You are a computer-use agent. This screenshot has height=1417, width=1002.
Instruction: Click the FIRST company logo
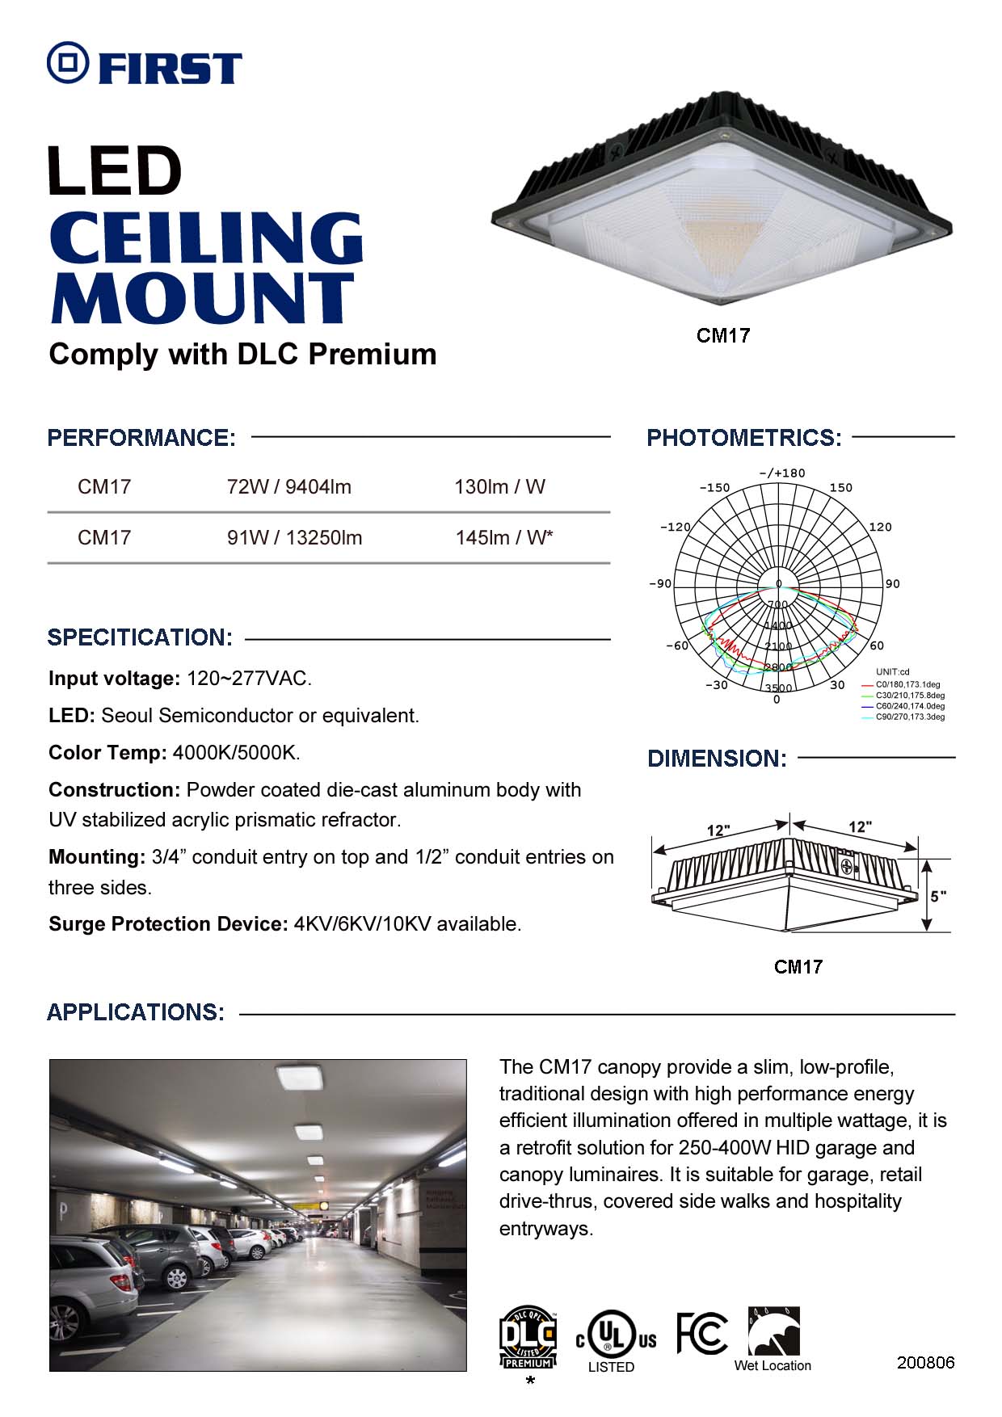pos(145,64)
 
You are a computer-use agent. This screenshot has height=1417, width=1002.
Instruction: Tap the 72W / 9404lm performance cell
pos(289,487)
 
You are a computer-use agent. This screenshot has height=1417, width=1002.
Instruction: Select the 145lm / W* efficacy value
pos(504,538)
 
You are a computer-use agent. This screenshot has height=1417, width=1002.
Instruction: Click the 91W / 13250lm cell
pos(294,538)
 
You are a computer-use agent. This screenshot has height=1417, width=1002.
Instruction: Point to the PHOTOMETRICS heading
pos(743,438)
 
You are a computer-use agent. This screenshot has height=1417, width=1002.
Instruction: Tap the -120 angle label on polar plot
pos(675,527)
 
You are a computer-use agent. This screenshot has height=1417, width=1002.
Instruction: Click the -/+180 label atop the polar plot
pos(781,473)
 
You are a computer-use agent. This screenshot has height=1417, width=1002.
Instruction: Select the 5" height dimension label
pos(937,896)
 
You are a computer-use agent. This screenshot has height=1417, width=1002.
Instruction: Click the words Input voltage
pos(114,679)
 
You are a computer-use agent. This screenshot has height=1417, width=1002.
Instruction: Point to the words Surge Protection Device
pos(168,924)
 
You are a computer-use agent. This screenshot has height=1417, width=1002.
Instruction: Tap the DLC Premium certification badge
pos(528,1337)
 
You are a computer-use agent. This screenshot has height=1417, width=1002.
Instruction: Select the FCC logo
pos(701,1333)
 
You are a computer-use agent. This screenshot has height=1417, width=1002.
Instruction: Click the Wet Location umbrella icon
pos(773,1331)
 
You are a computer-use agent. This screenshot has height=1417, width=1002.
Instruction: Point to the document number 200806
pos(925,1363)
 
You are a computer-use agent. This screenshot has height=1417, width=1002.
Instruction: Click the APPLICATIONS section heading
pos(136,1012)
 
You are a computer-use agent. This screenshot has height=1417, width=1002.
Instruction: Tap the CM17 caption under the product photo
pos(723,335)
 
